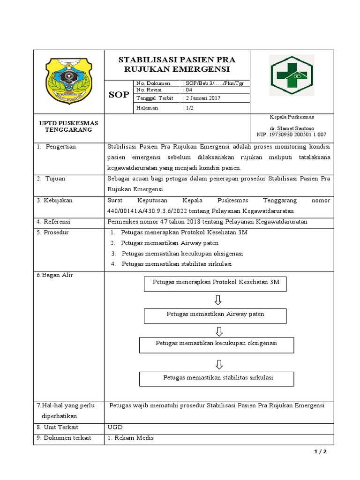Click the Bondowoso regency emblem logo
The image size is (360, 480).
pos(69,82)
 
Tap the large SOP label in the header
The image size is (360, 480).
pos(119,95)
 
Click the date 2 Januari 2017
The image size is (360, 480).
pos(202,98)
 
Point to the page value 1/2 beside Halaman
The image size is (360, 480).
pos(188,108)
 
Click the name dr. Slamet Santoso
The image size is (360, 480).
pos(292,128)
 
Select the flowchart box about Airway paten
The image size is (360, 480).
pos(215,315)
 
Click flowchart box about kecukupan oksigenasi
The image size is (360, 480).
pos(217,345)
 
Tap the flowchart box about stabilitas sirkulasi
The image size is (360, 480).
pos(217,378)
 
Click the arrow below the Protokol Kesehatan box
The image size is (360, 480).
pos(218,300)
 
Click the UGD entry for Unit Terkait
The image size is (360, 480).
pos(115,427)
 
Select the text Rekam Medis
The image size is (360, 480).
pos(134,438)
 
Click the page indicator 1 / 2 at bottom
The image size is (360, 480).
pos(320,452)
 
